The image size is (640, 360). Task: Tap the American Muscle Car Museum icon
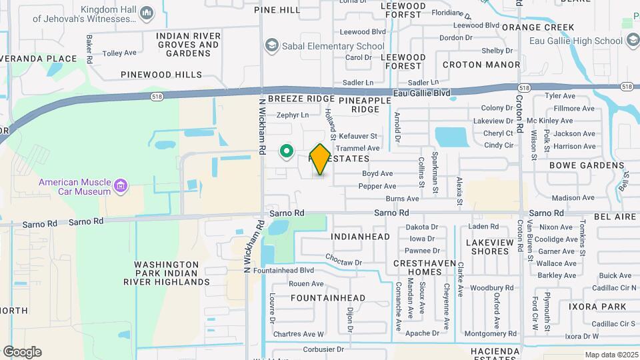[x=121, y=185]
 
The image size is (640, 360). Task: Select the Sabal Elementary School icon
[x=271, y=46]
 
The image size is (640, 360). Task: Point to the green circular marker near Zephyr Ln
[x=287, y=152]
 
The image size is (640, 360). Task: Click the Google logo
[x=22, y=352]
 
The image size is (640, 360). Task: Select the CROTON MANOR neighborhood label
[x=481, y=65]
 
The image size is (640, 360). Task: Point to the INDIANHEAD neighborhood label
[x=361, y=237]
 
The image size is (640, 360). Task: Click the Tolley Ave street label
[x=120, y=53]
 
